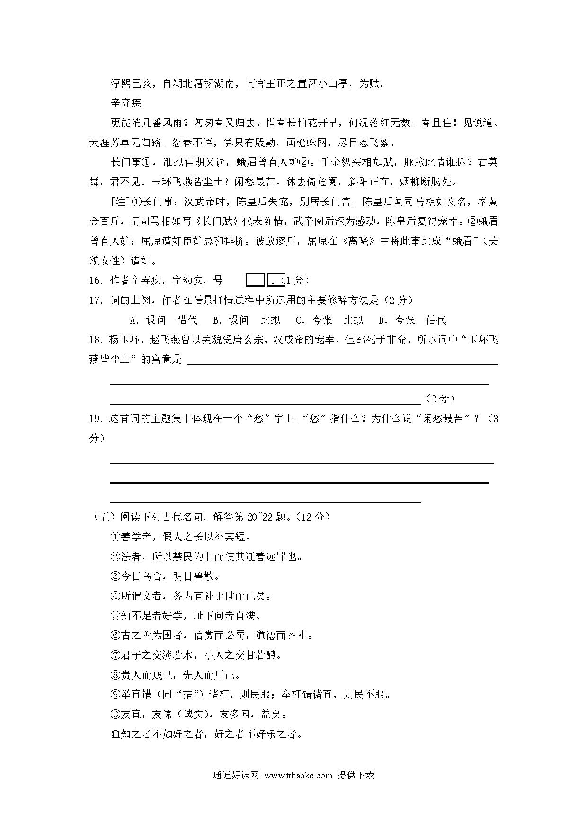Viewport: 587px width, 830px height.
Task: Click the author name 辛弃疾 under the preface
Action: click(x=125, y=103)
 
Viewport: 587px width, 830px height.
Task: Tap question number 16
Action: click(x=96, y=281)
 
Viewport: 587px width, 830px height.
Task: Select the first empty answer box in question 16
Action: click(x=255, y=280)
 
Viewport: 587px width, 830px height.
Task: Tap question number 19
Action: click(x=96, y=419)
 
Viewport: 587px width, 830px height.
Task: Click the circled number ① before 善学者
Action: click(x=116, y=537)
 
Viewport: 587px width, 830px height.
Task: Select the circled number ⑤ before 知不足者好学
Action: click(x=116, y=616)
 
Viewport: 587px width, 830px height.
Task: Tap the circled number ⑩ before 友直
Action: click(x=116, y=715)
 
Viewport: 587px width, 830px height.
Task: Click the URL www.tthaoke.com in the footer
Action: click(x=298, y=775)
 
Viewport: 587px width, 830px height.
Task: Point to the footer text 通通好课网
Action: click(x=235, y=775)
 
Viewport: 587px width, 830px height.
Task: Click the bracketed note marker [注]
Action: click(x=120, y=202)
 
